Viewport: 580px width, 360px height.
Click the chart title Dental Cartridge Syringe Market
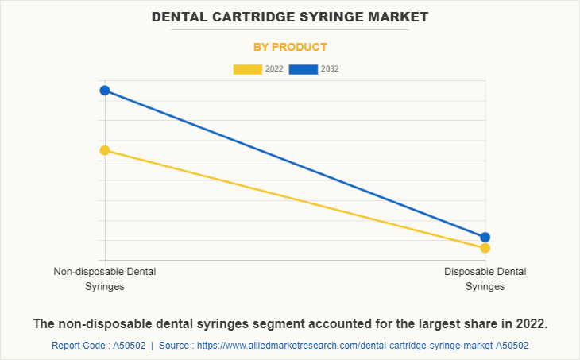[289, 16]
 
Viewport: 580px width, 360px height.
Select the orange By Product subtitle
[290, 47]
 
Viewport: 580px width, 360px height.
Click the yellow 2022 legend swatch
[248, 69]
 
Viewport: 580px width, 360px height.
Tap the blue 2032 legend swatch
[304, 69]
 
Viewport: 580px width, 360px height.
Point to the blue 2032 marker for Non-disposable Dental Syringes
[105, 91]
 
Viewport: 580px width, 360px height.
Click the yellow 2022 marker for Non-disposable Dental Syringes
[105, 150]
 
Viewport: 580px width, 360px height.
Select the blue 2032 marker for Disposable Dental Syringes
[485, 237]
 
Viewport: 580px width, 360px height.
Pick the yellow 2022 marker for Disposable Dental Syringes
[485, 248]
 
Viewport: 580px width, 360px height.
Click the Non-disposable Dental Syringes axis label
[105, 279]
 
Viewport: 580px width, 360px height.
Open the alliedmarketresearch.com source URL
[362, 346]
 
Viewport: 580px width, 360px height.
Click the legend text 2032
[330, 69]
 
